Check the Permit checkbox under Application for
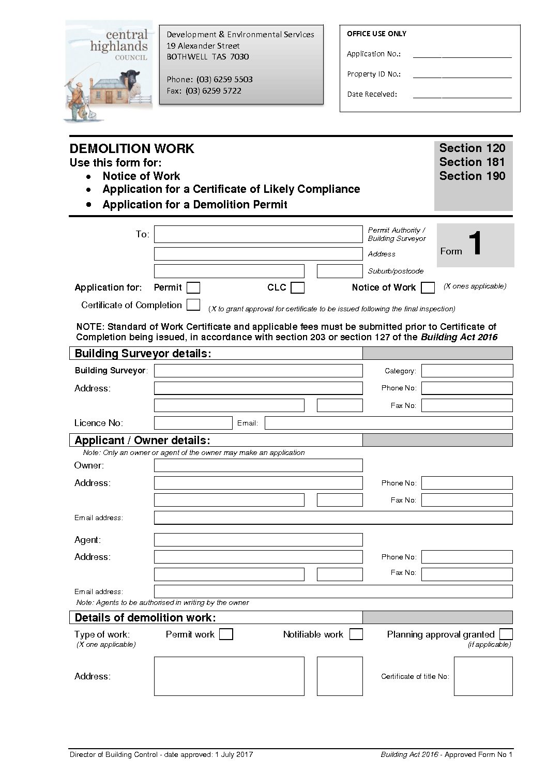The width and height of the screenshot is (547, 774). (193, 287)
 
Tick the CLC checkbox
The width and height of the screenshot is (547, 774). (297, 287)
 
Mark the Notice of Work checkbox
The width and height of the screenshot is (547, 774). (428, 287)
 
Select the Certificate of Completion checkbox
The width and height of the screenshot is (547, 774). (193, 305)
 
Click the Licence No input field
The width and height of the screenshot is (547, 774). (193, 423)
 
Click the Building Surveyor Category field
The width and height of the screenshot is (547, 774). (467, 371)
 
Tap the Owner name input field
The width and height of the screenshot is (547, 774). (258, 465)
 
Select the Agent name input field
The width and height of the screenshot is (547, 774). (258, 540)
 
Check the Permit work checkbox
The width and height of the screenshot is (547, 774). (226, 634)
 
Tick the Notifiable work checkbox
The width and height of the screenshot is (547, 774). (356, 634)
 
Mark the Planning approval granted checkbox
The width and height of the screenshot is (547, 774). (506, 634)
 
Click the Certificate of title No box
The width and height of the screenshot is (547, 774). (483, 676)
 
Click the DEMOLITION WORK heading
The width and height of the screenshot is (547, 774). (132, 149)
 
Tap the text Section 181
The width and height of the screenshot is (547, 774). (472, 162)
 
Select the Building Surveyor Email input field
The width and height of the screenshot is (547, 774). (388, 423)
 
